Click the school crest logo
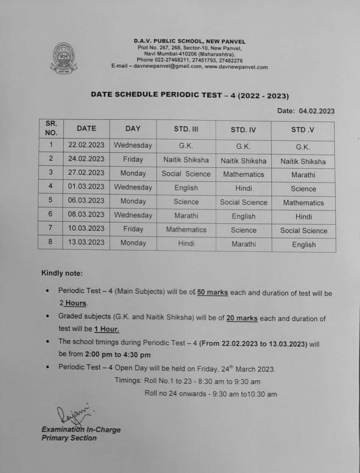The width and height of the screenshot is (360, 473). [64, 58]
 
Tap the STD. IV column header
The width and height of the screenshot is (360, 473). [243, 130]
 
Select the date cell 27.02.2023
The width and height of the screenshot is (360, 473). [86, 173]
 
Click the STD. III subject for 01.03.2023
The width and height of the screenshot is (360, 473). [186, 188]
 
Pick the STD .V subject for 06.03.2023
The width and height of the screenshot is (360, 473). [303, 203]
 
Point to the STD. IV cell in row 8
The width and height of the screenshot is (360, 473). [244, 244]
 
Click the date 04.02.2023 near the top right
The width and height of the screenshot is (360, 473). [316, 111]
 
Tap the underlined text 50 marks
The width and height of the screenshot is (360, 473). [212, 293]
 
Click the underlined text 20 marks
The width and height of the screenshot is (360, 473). [242, 318]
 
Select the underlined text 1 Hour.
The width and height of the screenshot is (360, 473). [106, 329]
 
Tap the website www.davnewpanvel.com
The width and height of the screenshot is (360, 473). [236, 67]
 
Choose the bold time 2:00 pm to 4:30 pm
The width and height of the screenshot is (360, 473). [118, 354]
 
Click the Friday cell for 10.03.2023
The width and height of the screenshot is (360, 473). [133, 229]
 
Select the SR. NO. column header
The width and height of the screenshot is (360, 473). [51, 128]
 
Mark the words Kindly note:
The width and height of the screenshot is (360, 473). [62, 273]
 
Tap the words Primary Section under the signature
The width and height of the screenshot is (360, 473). [69, 438]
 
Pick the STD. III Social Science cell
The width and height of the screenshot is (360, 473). [186, 174]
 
